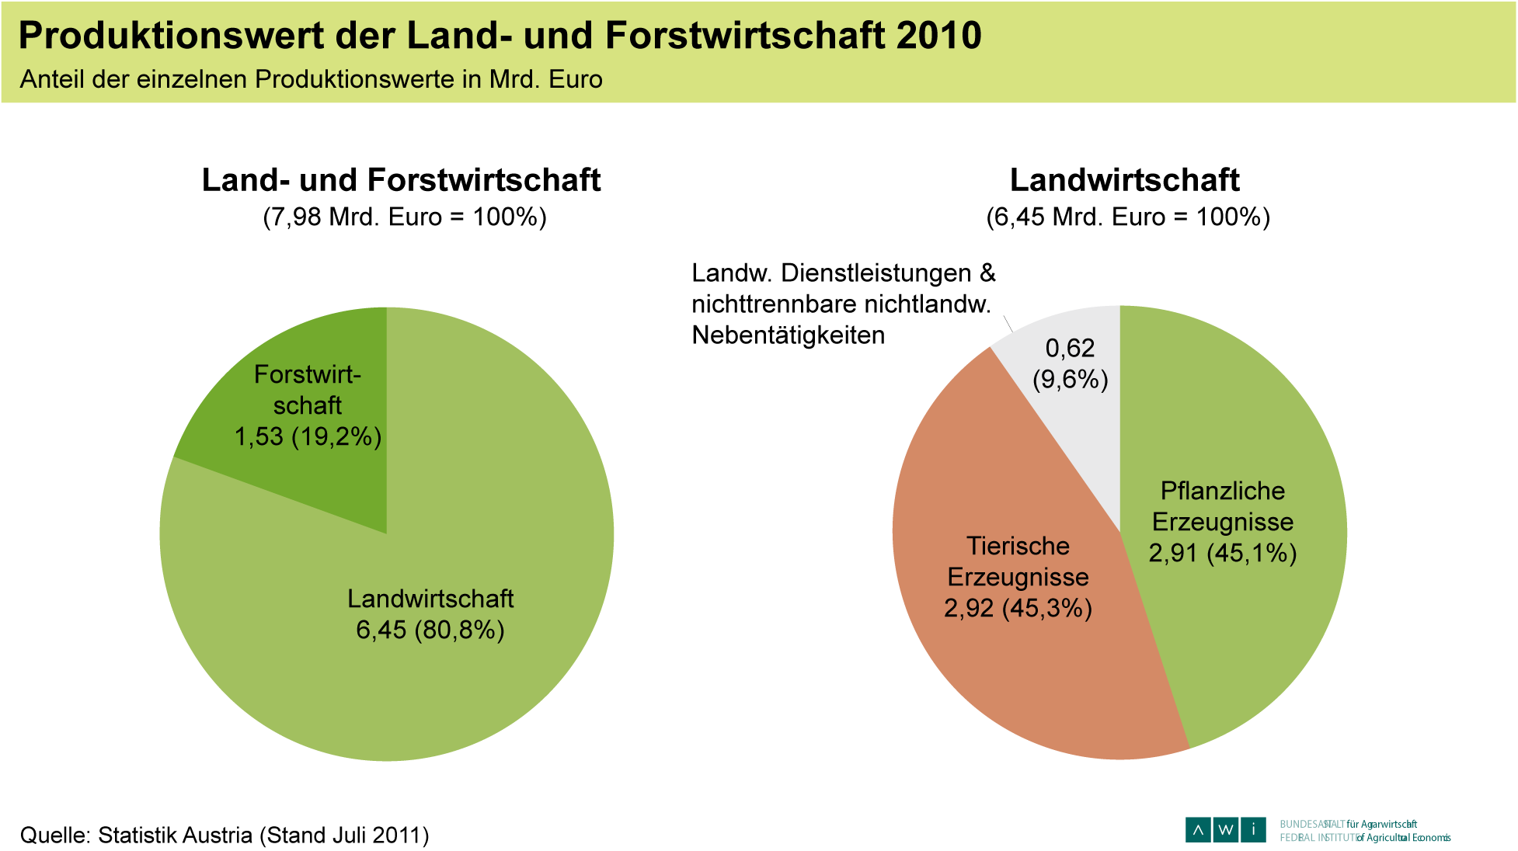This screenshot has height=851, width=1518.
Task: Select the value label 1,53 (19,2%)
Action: pos(308,437)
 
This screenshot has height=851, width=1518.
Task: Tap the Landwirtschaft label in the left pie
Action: pos(430,599)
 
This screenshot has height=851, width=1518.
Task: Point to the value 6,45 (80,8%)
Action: pos(430,630)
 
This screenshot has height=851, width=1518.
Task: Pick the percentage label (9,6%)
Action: pos(1070,380)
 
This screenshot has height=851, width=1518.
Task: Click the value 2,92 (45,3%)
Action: pos(1018,608)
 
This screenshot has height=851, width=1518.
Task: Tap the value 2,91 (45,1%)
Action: pos(1223,553)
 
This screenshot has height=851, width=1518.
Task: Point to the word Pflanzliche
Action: pos(1223,491)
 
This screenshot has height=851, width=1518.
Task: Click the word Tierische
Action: pos(1018,546)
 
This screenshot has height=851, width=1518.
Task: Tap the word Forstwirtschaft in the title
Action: pos(744,36)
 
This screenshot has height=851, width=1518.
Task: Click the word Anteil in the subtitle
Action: pos(51,79)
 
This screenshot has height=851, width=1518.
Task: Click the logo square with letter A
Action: pos(1198,830)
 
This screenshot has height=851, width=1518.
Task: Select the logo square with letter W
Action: pos(1225,830)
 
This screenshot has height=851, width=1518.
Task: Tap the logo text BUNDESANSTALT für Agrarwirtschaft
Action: pos(1348,824)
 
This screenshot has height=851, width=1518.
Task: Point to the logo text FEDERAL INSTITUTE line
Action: pos(1365,838)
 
